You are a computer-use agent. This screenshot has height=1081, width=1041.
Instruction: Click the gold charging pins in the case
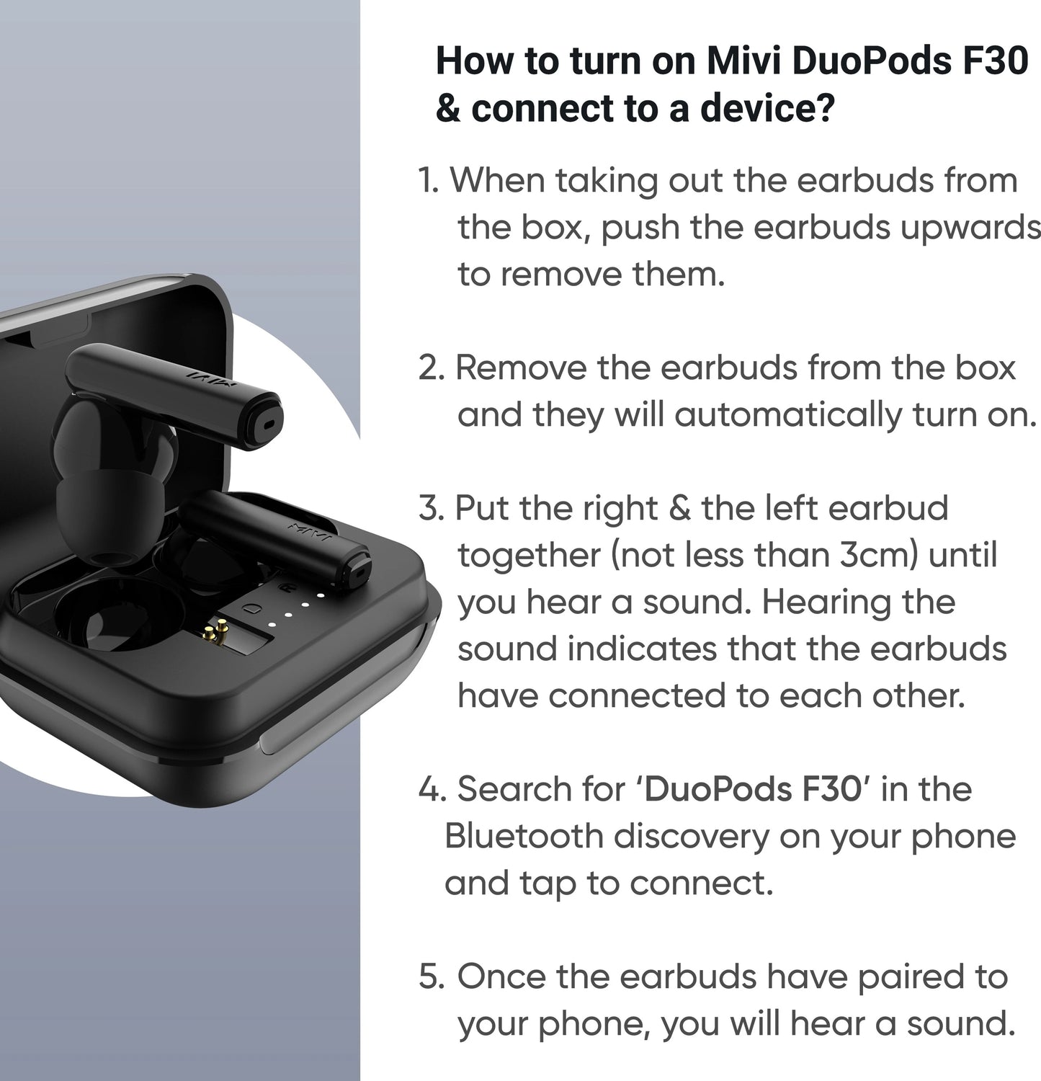[x=213, y=635]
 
